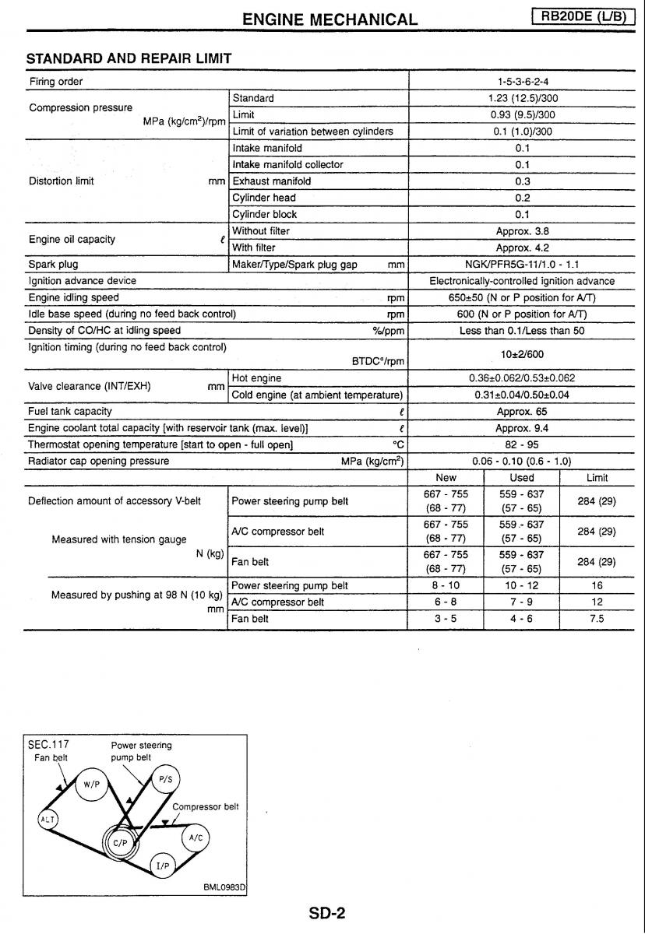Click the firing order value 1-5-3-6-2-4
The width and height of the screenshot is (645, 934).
point(522,82)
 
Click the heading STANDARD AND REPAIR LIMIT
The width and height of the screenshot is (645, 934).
point(129,58)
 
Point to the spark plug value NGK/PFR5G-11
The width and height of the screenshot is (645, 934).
point(522,264)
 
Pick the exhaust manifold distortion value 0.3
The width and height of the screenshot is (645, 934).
point(522,181)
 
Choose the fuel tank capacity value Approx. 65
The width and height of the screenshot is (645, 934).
point(522,411)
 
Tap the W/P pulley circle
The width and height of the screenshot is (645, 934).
point(92,785)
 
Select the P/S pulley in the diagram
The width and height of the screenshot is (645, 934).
point(164,778)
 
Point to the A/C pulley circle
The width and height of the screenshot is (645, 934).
point(196,837)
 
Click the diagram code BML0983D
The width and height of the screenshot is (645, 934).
point(224,886)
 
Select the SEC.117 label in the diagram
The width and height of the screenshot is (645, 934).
point(48,744)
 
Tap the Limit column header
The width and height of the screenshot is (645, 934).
point(596,478)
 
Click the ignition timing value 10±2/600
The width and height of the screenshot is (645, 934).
point(522,353)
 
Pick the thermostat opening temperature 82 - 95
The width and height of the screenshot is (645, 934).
point(522,444)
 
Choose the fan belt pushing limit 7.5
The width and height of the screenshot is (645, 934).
point(596,619)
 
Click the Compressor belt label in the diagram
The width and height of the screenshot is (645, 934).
point(205,807)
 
